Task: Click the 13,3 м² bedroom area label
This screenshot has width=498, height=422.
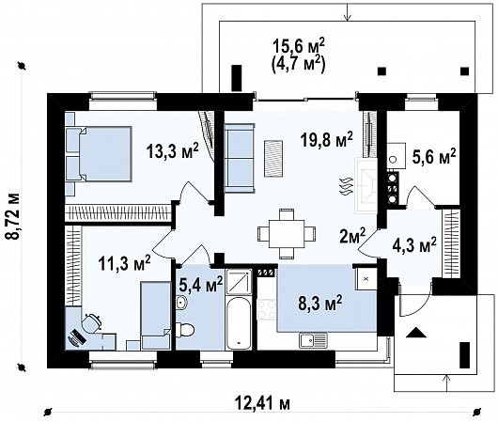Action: [x=173, y=150]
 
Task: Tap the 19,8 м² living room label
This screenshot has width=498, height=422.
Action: [x=327, y=140]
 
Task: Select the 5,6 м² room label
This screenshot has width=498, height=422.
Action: [x=434, y=157]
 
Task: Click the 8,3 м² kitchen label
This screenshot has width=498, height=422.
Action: [x=320, y=303]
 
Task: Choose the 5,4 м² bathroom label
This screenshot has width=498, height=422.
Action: [x=201, y=284]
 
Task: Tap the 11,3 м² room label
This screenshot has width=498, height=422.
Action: [x=124, y=263]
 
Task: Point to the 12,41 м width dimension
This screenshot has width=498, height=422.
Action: [x=263, y=404]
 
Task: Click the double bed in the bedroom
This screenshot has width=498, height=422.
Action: [x=99, y=154]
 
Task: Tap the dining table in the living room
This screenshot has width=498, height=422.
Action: [x=287, y=233]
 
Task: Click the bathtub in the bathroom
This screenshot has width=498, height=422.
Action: [x=239, y=323]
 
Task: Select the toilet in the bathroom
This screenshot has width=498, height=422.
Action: [x=185, y=329]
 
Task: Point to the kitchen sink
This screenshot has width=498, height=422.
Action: [x=313, y=340]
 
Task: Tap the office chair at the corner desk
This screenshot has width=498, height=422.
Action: [x=92, y=322]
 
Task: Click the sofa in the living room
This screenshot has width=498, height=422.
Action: [x=240, y=158]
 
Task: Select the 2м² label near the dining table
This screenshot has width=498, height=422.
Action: [x=351, y=236]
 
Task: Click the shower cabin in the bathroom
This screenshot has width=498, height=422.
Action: [x=239, y=282]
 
